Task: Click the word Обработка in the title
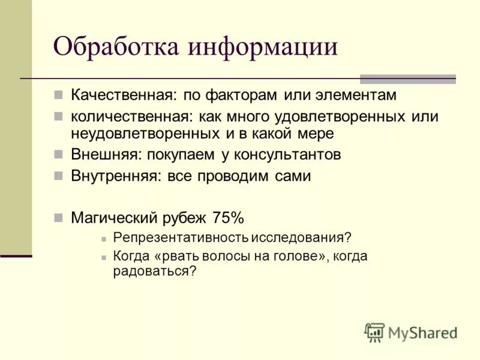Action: pos(117,46)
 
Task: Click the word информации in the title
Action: pos(263,46)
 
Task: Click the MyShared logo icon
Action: pos(374,332)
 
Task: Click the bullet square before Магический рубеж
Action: pos(58,217)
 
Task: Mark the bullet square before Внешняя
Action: pos(58,154)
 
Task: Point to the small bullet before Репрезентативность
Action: pos(104,238)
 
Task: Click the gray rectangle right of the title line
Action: pos(407,79)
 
